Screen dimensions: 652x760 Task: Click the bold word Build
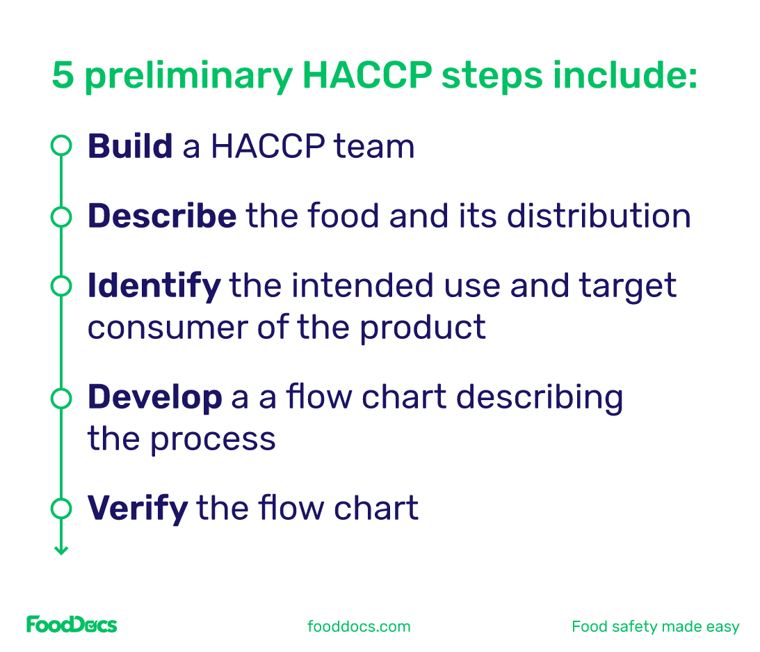click(130, 147)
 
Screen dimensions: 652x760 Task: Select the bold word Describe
click(162, 216)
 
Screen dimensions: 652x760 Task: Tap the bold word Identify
click(154, 286)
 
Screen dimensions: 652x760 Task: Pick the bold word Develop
click(154, 397)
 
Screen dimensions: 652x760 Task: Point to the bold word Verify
click(138, 509)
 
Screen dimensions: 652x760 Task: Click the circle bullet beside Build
click(61, 147)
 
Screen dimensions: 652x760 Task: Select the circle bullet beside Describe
click(61, 216)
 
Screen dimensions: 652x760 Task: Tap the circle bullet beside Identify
click(61, 286)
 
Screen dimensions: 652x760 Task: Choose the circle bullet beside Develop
click(61, 397)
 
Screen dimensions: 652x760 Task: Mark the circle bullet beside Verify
click(61, 509)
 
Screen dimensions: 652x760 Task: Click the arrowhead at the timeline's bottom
click(61, 550)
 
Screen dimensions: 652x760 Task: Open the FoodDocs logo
click(72, 625)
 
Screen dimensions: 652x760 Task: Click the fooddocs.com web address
click(359, 626)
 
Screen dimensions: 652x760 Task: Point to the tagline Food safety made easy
click(655, 626)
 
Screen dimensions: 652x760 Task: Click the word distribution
click(599, 216)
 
